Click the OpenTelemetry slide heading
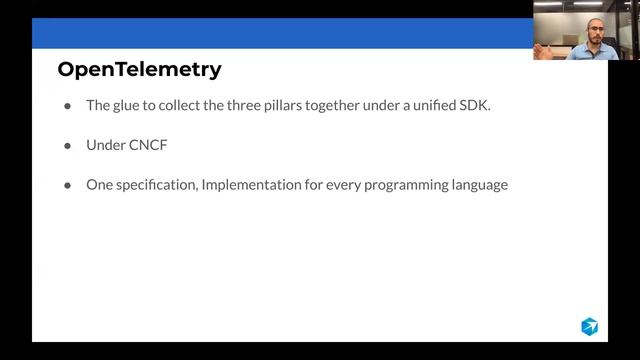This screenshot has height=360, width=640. pos(139,69)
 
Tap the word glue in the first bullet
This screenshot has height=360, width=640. pos(129,105)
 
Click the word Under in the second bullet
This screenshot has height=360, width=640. pos(104,145)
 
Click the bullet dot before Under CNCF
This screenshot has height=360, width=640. pos(67,145)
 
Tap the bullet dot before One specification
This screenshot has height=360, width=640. pos(67,185)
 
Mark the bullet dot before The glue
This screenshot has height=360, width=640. pos(67,105)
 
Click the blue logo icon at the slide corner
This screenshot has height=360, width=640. pos(589,326)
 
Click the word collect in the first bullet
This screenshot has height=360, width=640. pos(185,105)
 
